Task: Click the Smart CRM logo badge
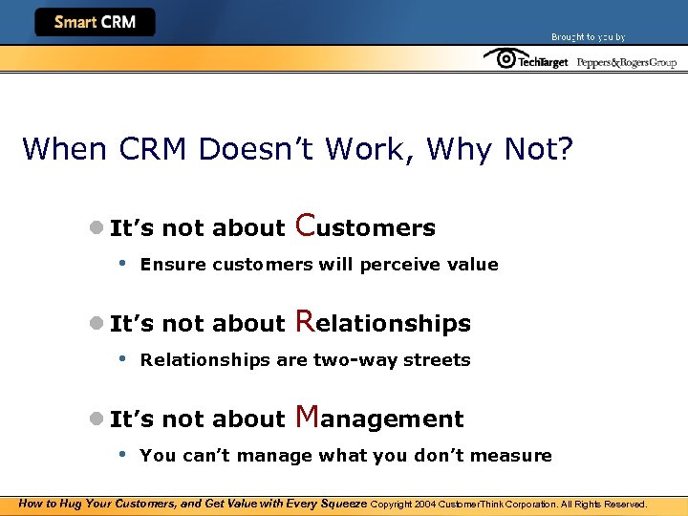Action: click(95, 22)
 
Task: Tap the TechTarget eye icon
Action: click(499, 59)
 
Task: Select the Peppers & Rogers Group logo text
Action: click(626, 62)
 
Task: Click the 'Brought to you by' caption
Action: click(588, 37)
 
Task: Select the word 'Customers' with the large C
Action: click(365, 226)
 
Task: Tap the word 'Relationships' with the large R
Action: click(383, 322)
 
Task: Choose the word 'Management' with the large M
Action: click(379, 418)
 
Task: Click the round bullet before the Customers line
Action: click(96, 227)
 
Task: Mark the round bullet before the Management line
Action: click(96, 419)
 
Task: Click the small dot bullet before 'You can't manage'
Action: click(122, 454)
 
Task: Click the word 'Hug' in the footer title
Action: click(73, 504)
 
